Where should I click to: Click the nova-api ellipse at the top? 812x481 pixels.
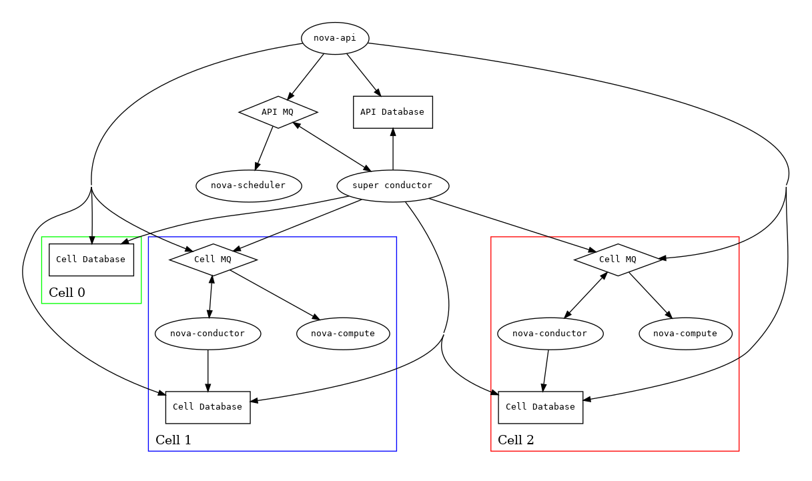point(335,38)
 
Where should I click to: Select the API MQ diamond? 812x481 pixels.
point(278,112)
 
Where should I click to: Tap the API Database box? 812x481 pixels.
point(392,112)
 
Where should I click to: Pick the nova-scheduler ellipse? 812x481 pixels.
point(248,185)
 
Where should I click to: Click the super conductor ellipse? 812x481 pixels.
point(392,185)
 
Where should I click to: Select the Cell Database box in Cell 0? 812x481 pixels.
point(91,260)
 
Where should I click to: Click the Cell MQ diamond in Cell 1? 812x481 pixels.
point(213,260)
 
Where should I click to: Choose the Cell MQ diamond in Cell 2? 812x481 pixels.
point(618,260)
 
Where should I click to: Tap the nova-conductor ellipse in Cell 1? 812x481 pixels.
point(208,334)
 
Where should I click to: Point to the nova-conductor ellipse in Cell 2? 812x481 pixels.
point(550,334)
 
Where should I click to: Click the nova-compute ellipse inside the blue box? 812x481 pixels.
point(343,334)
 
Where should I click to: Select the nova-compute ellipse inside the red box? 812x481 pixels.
point(685,334)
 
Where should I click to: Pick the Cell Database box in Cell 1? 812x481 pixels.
point(208,407)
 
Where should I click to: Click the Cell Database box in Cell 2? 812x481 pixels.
point(540,407)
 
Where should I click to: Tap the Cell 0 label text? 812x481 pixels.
point(67,293)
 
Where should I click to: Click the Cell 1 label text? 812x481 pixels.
point(173,440)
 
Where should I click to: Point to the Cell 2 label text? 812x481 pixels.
point(516,440)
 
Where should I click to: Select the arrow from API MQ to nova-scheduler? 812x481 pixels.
point(265,149)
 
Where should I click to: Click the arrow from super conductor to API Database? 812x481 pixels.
point(392,150)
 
